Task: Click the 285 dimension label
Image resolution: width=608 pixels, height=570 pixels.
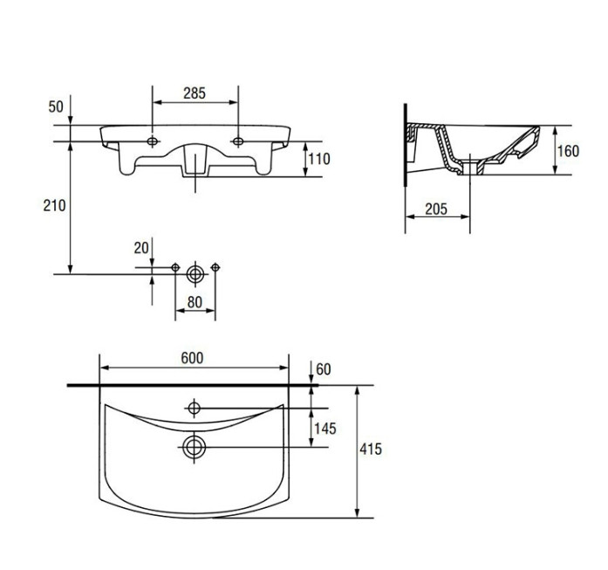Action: coord(195,93)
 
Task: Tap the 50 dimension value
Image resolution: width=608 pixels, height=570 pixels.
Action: coord(56,106)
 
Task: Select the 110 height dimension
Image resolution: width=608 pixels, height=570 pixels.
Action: coord(318,159)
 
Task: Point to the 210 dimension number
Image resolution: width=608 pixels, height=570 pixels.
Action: coord(54,206)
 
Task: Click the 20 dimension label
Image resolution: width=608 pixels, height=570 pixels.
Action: coord(141,248)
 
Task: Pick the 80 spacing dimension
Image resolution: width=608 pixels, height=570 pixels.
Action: coord(195,302)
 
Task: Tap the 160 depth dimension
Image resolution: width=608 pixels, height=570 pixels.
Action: coord(568,151)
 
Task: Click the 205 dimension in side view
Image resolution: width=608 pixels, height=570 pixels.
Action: coord(436,209)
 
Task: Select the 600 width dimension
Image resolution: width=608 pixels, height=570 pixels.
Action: coord(192,358)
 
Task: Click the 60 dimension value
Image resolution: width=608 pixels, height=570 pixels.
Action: coord(324,369)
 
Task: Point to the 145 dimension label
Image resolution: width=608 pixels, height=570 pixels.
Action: coord(325,429)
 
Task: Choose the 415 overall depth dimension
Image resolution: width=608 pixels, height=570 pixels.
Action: coord(371,449)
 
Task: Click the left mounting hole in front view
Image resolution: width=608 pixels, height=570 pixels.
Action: coord(153,141)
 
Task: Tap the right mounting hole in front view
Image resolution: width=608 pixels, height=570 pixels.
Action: coord(238,141)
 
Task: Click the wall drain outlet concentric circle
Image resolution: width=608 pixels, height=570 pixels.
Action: coord(195,274)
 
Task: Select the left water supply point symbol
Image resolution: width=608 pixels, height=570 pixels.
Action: coord(175,267)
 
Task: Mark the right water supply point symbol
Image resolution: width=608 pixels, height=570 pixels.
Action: coord(215,267)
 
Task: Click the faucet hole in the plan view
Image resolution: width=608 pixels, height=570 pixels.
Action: coord(194,409)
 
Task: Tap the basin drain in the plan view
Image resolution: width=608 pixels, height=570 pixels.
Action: coord(194,448)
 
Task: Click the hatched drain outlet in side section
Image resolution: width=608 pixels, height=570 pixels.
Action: coord(470,168)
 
